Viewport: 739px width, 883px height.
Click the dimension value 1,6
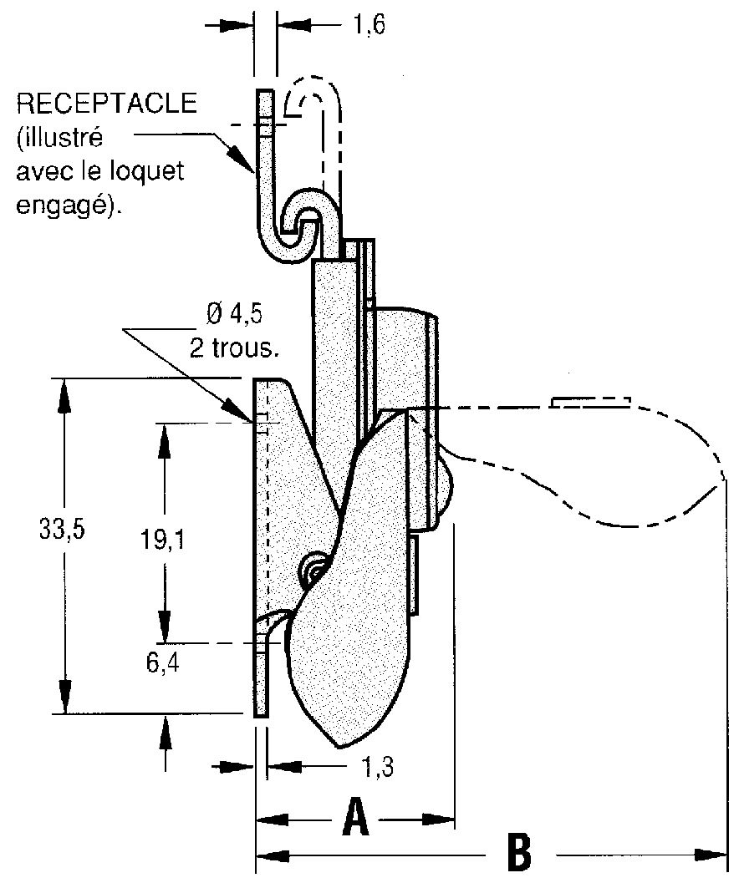coord(369,25)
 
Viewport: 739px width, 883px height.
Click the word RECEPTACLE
coord(107,104)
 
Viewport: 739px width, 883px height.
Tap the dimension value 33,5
coord(62,530)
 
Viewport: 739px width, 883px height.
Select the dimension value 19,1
coord(162,540)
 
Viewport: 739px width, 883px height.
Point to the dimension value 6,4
coord(163,663)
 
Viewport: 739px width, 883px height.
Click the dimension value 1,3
coord(376,767)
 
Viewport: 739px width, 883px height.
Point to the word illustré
coord(61,137)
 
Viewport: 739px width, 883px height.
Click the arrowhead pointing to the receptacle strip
coord(242,158)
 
